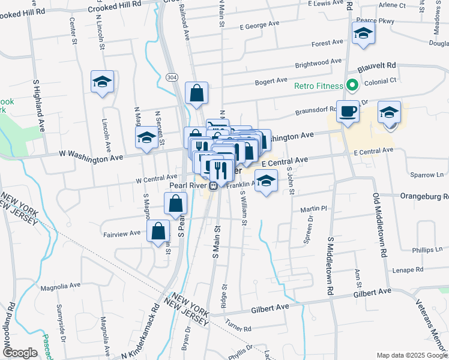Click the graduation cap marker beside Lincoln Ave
(103, 82)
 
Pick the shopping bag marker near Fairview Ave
(157, 231)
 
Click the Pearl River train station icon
(205, 185)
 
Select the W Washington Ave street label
(92, 155)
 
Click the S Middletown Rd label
(330, 265)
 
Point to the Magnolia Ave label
(61, 286)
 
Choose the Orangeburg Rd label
(429, 196)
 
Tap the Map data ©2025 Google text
(411, 355)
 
